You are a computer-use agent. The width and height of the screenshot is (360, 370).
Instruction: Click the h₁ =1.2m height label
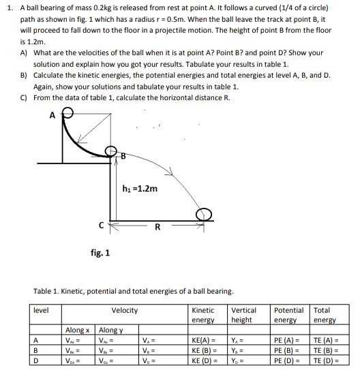point(140,188)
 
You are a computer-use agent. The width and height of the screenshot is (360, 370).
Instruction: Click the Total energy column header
point(325,315)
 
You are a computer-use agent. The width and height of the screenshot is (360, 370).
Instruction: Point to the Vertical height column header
point(245,315)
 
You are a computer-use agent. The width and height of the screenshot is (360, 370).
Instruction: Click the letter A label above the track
point(52,114)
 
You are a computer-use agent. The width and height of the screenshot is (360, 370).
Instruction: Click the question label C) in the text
point(24,97)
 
